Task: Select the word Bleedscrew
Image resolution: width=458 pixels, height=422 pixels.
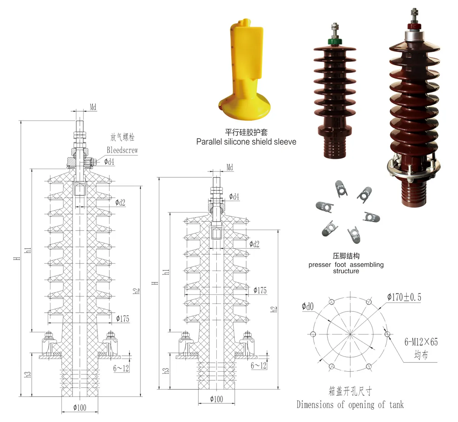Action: pos(122,150)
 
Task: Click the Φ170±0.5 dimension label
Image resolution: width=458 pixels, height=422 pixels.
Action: pos(404,297)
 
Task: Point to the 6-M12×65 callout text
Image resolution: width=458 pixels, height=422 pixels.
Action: pos(421,342)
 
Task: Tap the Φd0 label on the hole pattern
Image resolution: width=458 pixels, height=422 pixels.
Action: pos(307,306)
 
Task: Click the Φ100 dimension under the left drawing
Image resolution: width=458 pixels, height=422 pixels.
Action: pos(80,407)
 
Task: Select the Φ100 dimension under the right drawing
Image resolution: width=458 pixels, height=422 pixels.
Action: pos(216,399)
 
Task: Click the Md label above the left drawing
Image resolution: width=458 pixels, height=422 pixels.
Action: pos(93,107)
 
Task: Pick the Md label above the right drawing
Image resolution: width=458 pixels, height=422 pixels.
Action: pos(229,167)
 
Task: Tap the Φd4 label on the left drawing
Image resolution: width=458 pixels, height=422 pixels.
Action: pos(109,162)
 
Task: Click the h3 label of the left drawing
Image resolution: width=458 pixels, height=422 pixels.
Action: pos(27,375)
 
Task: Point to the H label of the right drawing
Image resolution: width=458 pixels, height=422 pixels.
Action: pos(155,283)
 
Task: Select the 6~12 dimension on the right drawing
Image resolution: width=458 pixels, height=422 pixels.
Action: pos(258,365)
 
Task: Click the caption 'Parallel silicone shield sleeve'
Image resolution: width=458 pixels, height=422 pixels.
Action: pos(246,142)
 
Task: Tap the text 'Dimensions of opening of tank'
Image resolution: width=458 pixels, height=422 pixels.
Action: pos(350,404)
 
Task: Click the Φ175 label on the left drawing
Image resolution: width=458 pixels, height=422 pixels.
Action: pos(123,318)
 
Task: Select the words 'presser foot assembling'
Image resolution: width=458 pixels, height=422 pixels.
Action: pos(346,265)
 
